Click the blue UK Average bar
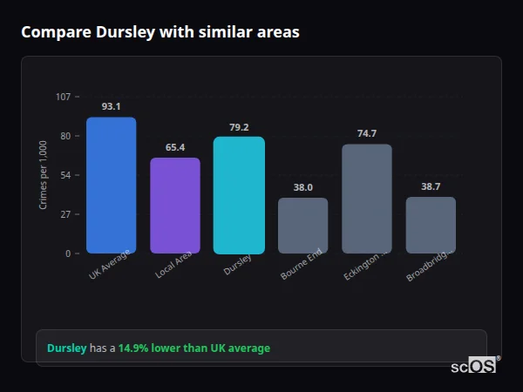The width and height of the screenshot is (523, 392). [x=111, y=186]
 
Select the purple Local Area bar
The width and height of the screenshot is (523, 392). [x=175, y=206]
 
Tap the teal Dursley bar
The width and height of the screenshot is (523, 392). [x=239, y=195]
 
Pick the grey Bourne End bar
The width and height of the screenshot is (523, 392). [x=303, y=226]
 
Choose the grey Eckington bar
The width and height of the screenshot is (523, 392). [x=367, y=199]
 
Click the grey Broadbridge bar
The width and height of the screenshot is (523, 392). [x=431, y=225]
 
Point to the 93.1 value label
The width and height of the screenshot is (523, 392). [x=111, y=106]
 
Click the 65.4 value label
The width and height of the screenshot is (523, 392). [x=175, y=147]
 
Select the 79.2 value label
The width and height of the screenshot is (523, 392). [x=239, y=126]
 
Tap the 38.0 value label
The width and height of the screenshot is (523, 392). [x=303, y=187]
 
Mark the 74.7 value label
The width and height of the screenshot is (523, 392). [x=367, y=133]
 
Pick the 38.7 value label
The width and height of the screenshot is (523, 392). [x=431, y=186]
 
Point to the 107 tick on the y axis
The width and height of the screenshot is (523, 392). [x=63, y=97]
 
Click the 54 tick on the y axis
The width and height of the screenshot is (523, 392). [x=65, y=175]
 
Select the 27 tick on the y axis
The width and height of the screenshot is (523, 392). [x=65, y=214]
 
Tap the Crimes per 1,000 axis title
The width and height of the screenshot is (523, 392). [x=44, y=175]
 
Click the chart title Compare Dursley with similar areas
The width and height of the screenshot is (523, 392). [x=160, y=32]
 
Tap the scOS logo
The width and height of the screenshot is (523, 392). [x=473, y=366]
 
